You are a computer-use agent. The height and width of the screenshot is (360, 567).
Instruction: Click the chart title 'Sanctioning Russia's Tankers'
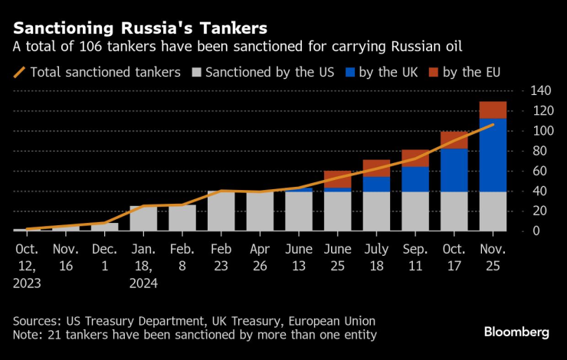click(x=140, y=28)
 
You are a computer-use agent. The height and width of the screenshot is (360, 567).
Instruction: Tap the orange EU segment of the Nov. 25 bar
click(x=493, y=110)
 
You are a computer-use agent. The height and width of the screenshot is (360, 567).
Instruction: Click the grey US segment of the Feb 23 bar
click(x=221, y=211)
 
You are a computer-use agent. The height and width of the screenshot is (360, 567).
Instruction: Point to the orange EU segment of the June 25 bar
click(x=337, y=179)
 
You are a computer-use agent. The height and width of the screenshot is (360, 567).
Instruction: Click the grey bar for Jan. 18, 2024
click(x=143, y=218)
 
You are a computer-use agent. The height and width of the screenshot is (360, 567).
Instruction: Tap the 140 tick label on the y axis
click(x=540, y=91)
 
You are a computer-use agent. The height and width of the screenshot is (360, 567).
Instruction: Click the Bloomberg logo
click(x=516, y=332)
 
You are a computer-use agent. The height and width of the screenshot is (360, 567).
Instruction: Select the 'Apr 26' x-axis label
click(x=260, y=256)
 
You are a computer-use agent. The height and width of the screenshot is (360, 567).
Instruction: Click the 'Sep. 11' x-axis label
click(x=415, y=256)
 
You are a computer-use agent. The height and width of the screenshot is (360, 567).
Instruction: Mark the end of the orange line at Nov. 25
click(x=493, y=124)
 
